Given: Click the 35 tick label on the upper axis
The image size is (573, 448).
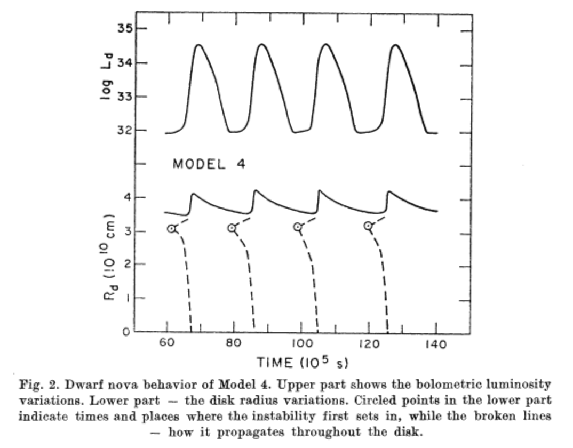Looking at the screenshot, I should pos(124,28).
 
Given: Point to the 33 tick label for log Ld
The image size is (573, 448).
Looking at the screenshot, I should pos(124,97).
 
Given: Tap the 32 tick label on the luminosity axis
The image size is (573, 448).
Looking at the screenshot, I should pos(124,130).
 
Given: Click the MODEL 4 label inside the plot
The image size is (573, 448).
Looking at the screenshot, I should pos(209,164).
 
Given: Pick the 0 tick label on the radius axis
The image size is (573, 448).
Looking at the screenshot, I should pos(126,332).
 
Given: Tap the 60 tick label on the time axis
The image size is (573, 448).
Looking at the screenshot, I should pos(167,345).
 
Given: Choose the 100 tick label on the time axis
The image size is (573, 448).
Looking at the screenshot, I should pos(301,345).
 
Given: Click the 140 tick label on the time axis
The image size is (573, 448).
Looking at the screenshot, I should pos(435,345).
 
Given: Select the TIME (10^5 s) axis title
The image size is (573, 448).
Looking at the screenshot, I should pos(303,363).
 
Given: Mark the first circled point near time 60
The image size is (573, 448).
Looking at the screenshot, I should pos(171,228).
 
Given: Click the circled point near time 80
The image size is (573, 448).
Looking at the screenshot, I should pos(232,228).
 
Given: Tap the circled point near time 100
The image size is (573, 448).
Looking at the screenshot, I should pos(298,227).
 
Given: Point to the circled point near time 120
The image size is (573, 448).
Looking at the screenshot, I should pos(368,226).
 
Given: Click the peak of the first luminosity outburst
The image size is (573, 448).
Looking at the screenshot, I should pos(198,45).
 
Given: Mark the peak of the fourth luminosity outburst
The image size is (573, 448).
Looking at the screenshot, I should pos(395,45).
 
